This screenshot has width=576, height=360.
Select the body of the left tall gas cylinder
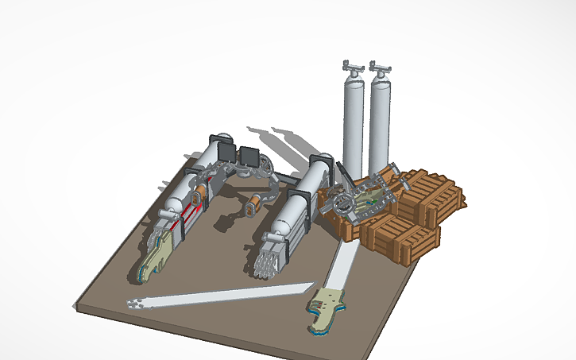coord(353,127)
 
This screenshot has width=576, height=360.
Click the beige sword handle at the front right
coord(328,308)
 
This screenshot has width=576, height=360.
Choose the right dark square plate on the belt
coord(250,157)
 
